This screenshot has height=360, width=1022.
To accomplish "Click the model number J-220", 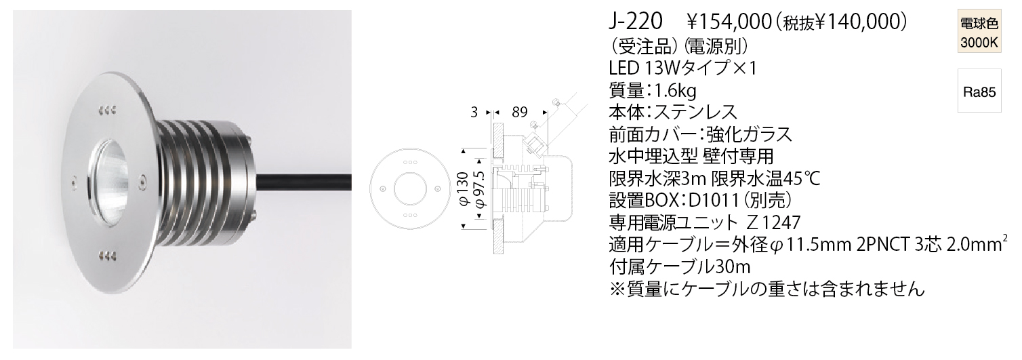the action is click(x=635, y=22).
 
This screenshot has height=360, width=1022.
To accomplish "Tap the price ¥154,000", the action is click(x=729, y=22).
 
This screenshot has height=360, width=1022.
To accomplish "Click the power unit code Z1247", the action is click(x=774, y=222).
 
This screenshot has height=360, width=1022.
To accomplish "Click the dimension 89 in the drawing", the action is click(x=519, y=112).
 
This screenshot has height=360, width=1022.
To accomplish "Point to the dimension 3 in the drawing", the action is click(x=474, y=112).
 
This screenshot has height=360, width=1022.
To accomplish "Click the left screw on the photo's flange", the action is click(x=72, y=182).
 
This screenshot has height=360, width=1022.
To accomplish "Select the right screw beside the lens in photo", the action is click(x=142, y=182).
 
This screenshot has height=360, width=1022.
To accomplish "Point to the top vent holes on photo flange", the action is click(x=107, y=110).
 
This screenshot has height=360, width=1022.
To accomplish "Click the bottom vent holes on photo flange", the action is click(x=107, y=254).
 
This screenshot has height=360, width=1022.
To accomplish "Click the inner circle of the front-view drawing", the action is click(x=410, y=189).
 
